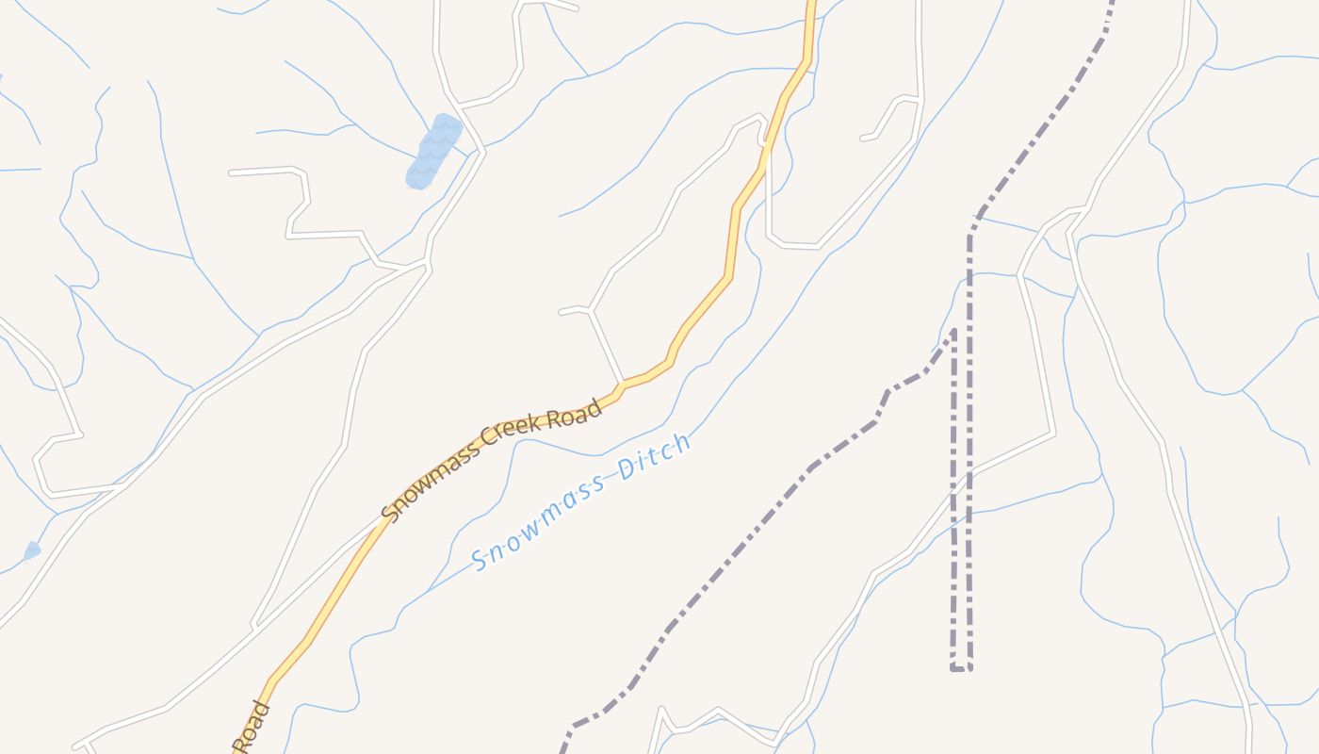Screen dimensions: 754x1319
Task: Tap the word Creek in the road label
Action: (509, 433)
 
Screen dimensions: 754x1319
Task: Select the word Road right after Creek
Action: (574, 415)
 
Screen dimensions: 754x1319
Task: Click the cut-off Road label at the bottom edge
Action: (252, 728)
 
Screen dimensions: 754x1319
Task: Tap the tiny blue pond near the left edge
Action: (32, 550)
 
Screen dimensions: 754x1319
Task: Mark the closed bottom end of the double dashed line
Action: (961, 668)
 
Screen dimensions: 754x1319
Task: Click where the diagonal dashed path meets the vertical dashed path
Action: (953, 332)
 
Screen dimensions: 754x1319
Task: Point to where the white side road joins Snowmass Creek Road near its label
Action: (621, 385)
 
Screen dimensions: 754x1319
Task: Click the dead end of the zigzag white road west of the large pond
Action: (232, 173)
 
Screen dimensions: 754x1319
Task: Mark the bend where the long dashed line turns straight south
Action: (970, 231)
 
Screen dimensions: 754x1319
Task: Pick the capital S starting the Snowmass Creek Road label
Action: (390, 510)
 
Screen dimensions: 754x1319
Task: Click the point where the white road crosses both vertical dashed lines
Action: (961, 475)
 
